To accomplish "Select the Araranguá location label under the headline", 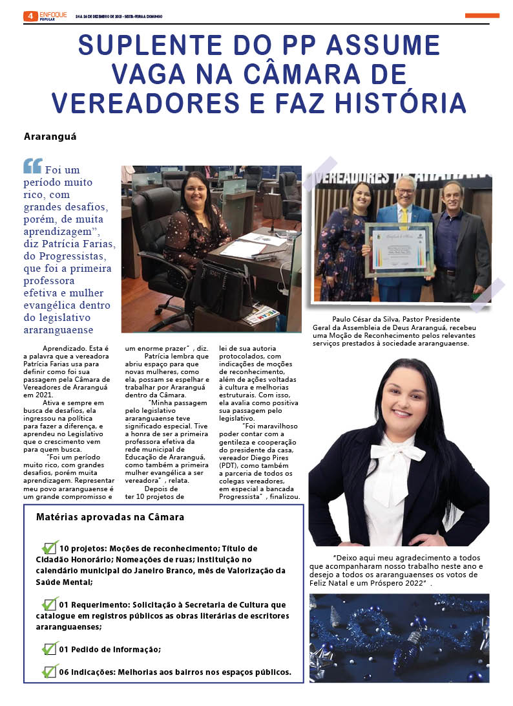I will click(50, 137).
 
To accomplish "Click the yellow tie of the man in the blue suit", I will click(404, 217).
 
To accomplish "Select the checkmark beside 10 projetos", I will click(50, 548).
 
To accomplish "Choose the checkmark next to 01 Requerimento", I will click(50, 604).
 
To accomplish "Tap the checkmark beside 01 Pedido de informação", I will click(50, 648).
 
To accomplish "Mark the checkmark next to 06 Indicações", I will click(50, 672).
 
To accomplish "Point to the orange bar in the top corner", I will click(482, 15).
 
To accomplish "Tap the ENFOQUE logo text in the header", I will click(54, 14).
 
